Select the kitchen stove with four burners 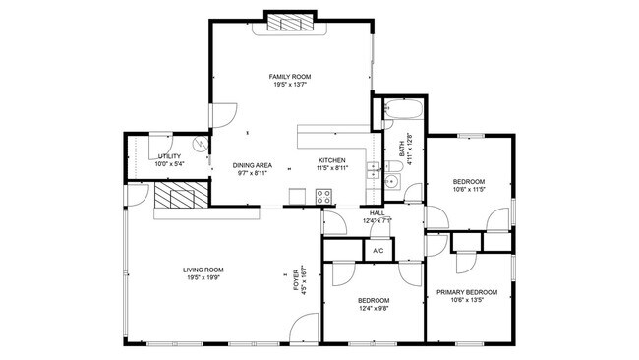(x=323, y=198)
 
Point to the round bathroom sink (x=391, y=181)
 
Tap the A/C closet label (x=378, y=252)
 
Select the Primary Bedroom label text (x=468, y=292)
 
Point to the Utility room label (x=169, y=156)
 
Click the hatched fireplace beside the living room (x=183, y=197)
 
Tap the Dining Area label (x=253, y=164)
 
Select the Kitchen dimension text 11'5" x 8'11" (x=331, y=169)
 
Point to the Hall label (x=377, y=212)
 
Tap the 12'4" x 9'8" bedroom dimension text (x=374, y=309)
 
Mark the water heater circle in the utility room (x=201, y=144)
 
